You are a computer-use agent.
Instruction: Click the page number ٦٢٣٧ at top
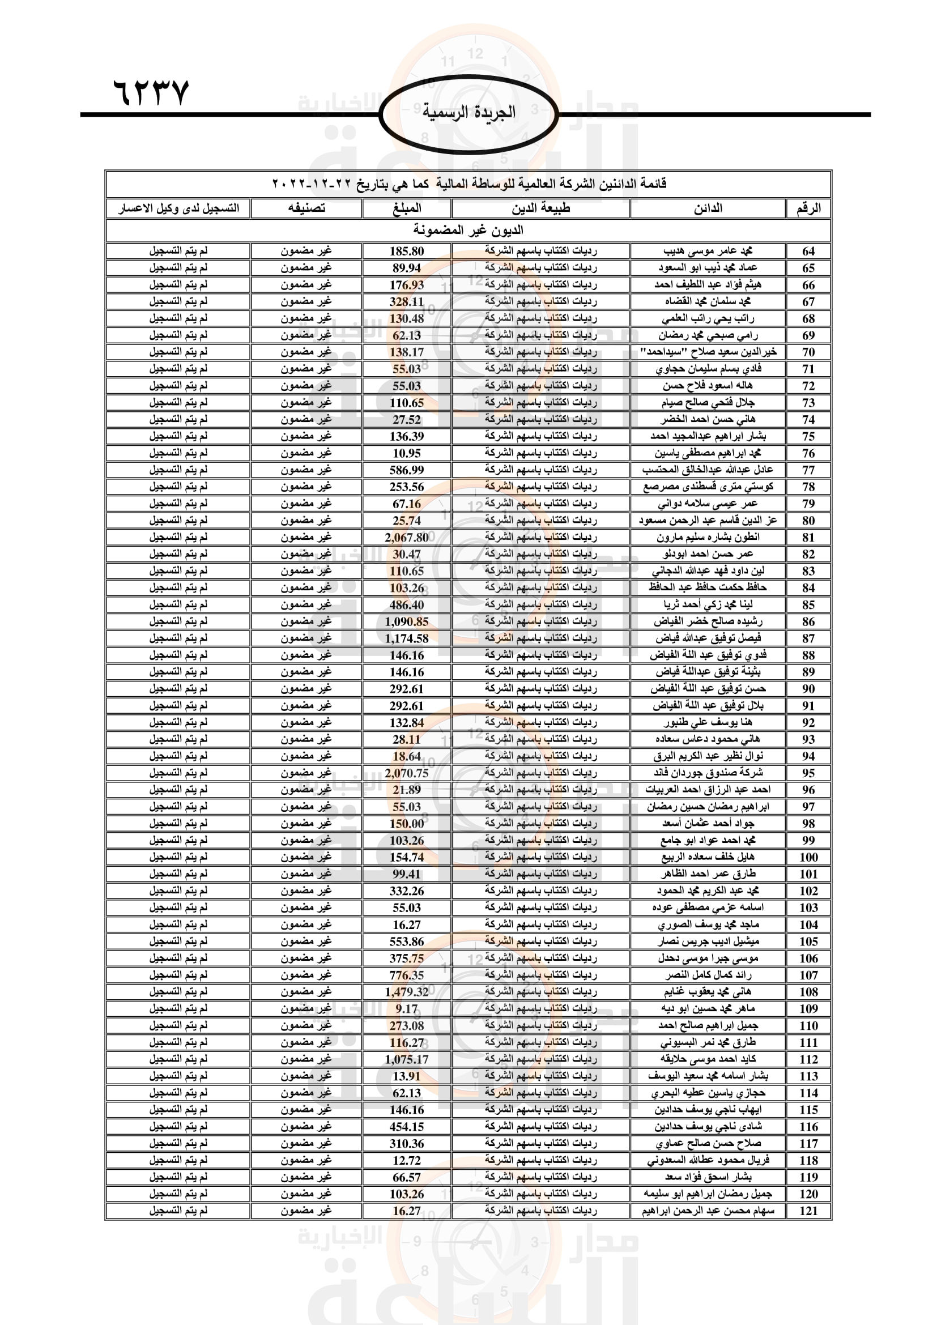(151, 92)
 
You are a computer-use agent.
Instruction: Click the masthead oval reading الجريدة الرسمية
(468, 113)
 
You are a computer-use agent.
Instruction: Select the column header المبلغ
(407, 208)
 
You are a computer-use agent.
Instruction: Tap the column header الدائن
(708, 208)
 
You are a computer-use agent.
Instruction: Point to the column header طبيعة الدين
(540, 208)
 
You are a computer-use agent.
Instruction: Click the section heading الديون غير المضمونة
(468, 230)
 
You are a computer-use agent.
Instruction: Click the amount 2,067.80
(407, 537)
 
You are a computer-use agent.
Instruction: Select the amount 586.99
(407, 470)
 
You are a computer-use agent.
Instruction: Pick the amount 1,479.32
(407, 991)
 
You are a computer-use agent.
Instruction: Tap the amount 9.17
(407, 1009)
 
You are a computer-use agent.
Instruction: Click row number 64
(808, 251)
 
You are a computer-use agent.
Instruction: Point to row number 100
(808, 857)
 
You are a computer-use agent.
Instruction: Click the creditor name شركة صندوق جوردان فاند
(708, 773)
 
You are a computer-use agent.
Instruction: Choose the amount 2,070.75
(407, 773)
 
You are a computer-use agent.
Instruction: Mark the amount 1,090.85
(407, 621)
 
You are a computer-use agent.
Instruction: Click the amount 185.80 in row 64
(407, 251)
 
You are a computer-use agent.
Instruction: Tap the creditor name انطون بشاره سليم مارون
(708, 537)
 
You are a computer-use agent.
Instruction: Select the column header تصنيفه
(306, 208)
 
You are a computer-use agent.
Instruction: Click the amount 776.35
(407, 975)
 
